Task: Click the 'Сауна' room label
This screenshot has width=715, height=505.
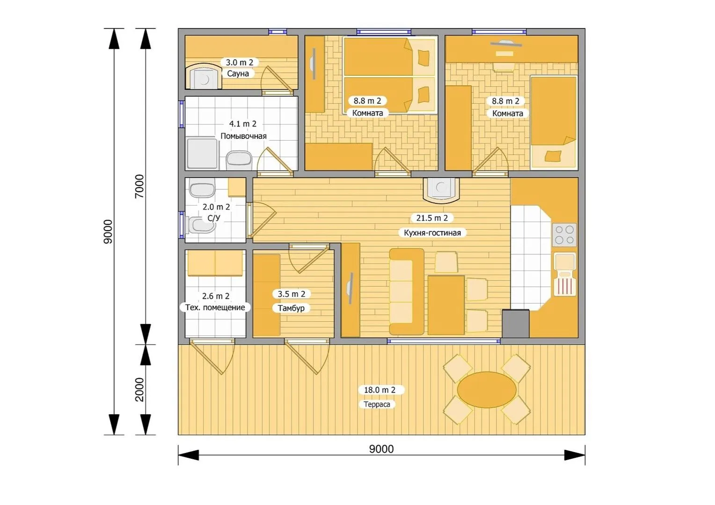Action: pyautogui.click(x=238, y=74)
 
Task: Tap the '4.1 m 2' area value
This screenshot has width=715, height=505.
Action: pyautogui.click(x=242, y=124)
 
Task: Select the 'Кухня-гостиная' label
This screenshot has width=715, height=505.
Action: pyautogui.click(x=432, y=233)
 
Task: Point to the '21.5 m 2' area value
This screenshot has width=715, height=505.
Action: pyautogui.click(x=432, y=218)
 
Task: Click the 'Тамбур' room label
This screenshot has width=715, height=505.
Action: pyautogui.click(x=291, y=308)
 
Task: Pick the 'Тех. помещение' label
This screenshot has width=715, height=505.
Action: pyautogui.click(x=215, y=308)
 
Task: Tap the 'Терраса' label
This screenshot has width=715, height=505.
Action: pyautogui.click(x=377, y=404)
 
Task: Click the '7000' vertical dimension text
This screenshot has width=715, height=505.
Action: pyautogui.click(x=139, y=186)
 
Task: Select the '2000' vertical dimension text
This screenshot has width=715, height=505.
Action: pyautogui.click(x=139, y=390)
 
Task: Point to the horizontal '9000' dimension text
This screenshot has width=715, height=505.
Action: pyautogui.click(x=381, y=449)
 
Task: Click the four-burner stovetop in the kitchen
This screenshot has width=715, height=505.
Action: pyautogui.click(x=564, y=235)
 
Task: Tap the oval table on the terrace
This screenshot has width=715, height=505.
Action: pyautogui.click(x=487, y=390)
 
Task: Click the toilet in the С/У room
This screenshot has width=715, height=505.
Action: pyautogui.click(x=201, y=225)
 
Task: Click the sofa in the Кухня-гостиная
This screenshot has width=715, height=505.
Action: pyautogui.click(x=406, y=292)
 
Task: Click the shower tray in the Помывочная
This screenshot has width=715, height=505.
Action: pyautogui.click(x=202, y=153)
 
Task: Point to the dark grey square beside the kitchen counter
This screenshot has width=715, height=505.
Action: pyautogui.click(x=516, y=323)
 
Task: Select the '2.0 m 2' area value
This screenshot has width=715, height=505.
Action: pyautogui.click(x=216, y=207)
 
